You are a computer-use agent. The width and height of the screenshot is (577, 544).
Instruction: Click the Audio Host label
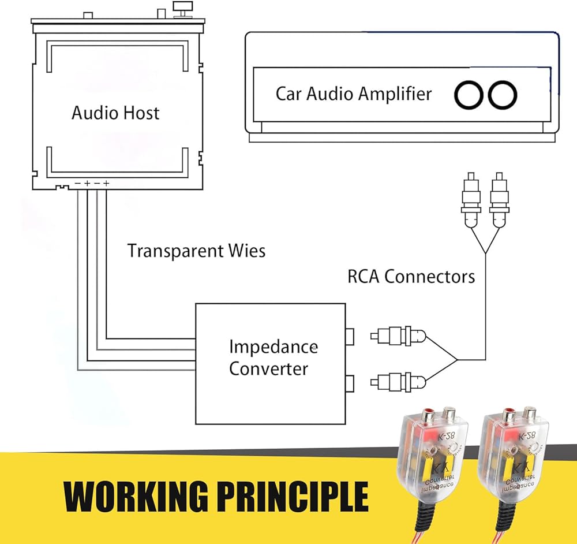[x=115, y=113]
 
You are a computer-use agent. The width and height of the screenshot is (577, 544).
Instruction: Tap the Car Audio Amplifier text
[x=353, y=94]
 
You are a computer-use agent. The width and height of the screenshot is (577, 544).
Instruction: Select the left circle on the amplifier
[x=469, y=95]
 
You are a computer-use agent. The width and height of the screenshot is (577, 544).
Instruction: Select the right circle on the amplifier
[x=502, y=95]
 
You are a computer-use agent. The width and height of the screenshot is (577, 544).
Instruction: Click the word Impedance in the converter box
[x=273, y=347]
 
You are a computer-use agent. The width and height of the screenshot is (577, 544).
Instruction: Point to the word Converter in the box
[x=268, y=368]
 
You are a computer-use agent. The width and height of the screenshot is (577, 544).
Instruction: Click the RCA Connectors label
[x=411, y=276]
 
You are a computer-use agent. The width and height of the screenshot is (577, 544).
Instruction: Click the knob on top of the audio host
[x=185, y=9]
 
